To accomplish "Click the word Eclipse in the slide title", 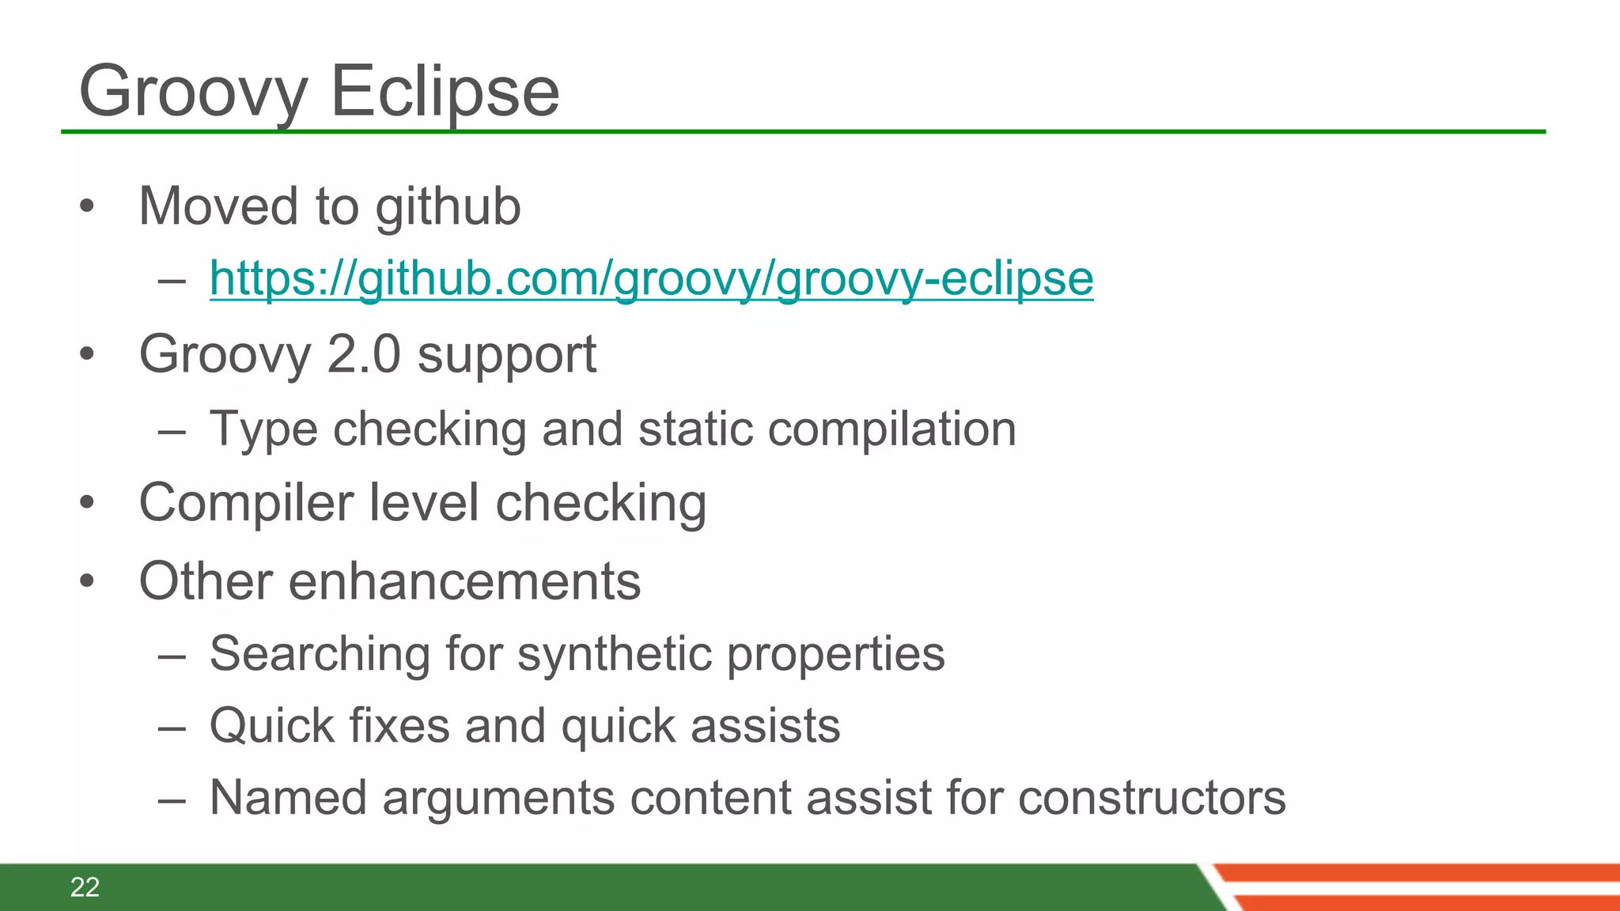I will pos(445,92).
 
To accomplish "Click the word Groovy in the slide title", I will pos(193,92).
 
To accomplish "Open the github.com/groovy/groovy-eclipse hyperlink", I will pos(651,278).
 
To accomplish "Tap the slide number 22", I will pos(85,887).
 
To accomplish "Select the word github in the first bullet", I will pos(448,206).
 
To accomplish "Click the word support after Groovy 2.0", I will pos(506,355).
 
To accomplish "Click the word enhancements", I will pos(464,581).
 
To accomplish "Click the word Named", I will pos(288,797).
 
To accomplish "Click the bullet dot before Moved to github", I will pos(87,206).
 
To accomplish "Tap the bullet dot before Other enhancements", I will pos(87,581).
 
